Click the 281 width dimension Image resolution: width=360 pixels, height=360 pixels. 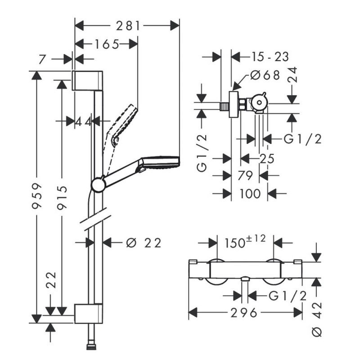coord(127,26)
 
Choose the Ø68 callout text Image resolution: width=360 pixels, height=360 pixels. coord(265,75)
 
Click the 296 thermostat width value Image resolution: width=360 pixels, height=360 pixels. coord(245,312)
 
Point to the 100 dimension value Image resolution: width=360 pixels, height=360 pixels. coord(250,193)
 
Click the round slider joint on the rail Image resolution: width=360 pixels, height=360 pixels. coord(98,185)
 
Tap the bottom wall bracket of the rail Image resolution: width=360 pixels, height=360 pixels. coord(88,314)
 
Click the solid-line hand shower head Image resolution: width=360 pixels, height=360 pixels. coord(161,162)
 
